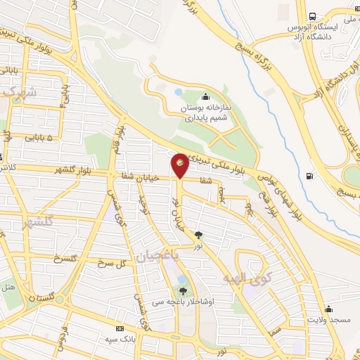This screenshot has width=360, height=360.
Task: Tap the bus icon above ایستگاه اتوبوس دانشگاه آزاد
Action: tap(312, 17)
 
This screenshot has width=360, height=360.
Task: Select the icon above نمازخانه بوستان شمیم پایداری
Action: tap(205, 96)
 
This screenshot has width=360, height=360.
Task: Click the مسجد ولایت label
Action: tap(328, 321)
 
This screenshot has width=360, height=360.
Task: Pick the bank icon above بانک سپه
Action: tap(120, 328)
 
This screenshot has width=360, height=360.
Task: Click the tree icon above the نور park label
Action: tap(199, 235)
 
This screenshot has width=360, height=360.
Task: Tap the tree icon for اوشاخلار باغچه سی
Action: tap(184, 291)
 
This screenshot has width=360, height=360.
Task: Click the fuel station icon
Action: tap(310, 176)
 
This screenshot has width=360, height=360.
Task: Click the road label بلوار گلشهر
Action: tap(55, 171)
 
